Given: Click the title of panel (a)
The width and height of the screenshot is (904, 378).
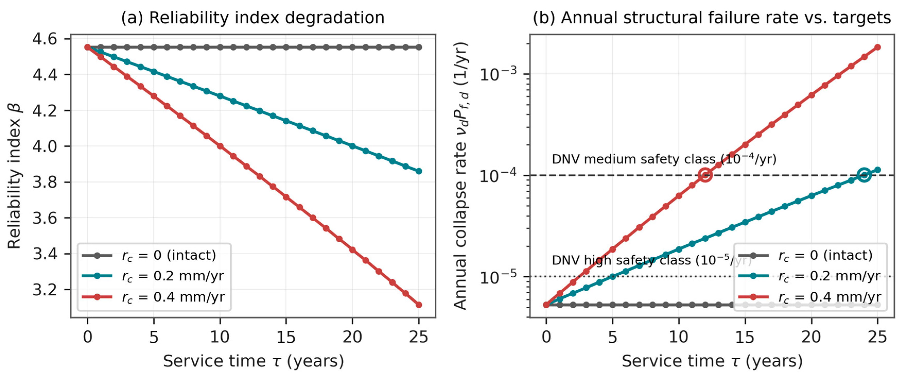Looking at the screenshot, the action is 253,18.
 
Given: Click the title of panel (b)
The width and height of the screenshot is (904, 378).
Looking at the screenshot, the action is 712,18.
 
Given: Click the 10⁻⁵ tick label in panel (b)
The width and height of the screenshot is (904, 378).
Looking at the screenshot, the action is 498,276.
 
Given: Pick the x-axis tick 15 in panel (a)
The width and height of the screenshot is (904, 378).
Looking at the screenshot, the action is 286,337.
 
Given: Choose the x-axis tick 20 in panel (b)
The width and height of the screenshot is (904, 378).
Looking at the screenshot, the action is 811,337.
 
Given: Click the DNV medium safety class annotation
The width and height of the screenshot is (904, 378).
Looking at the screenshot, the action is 664,159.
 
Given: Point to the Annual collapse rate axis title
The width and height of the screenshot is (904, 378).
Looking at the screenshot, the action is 460,176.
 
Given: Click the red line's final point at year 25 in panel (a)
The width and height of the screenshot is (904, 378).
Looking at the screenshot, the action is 419,305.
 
